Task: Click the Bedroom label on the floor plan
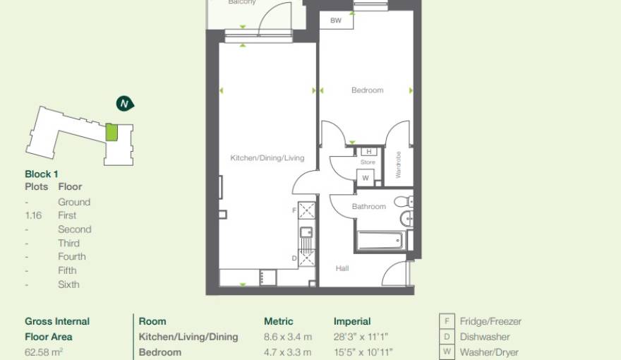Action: (x=367, y=90)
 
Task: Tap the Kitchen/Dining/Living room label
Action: (x=267, y=158)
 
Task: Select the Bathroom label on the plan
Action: (x=369, y=207)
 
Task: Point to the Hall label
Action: (x=342, y=268)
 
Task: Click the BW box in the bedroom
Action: (x=336, y=21)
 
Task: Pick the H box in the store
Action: (x=368, y=152)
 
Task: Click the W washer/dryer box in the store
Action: (x=366, y=178)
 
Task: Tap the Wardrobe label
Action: (x=398, y=164)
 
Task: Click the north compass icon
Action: (x=125, y=104)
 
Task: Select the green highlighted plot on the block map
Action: (x=111, y=133)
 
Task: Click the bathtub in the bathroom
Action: (x=380, y=240)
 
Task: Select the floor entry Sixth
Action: (x=68, y=284)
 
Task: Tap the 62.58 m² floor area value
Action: (x=44, y=352)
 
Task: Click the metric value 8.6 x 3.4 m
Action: (x=288, y=337)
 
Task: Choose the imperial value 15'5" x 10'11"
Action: (x=363, y=352)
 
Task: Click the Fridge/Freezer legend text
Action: (x=490, y=321)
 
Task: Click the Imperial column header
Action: (x=352, y=321)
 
